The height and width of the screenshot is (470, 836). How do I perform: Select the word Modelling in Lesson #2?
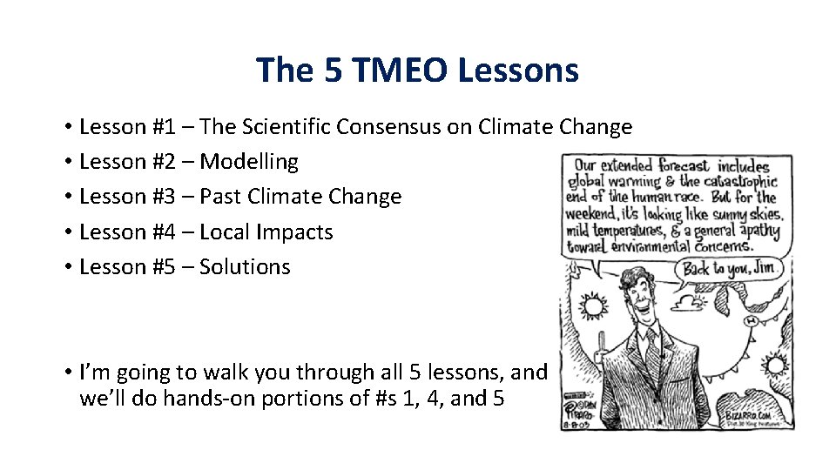249,162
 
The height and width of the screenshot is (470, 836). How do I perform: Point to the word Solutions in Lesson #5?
245,267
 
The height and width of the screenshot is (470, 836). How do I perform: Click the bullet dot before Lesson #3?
67,198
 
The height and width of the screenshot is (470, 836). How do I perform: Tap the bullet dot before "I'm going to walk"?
67,373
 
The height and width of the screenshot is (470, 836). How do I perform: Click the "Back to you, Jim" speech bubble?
731,268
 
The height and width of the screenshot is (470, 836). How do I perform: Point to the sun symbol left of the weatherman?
592,305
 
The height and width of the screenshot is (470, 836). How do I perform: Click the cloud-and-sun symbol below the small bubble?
694,302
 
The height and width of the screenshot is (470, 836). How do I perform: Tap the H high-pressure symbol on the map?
750,320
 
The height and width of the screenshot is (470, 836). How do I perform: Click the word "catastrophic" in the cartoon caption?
739,182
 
